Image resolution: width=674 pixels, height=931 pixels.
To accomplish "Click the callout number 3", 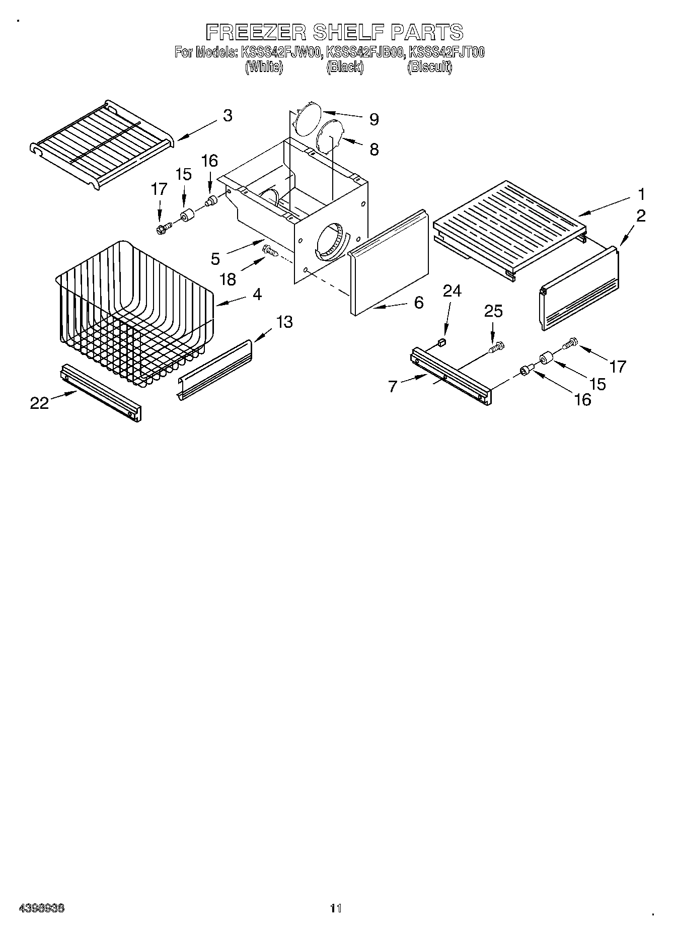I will (x=228, y=116).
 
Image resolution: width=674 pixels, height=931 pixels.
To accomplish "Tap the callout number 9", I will (x=373, y=119).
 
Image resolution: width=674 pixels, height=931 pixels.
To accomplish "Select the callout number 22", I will (x=39, y=403).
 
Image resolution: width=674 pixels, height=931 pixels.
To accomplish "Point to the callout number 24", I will (x=452, y=291).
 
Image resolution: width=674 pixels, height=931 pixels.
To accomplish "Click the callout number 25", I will (x=493, y=311).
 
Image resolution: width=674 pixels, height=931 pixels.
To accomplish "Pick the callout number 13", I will (x=284, y=321).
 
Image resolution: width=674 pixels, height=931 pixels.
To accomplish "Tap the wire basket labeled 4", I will (x=133, y=312).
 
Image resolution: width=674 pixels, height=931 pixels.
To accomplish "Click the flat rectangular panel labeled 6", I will (x=388, y=262).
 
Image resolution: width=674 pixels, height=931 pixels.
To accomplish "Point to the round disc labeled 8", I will (x=330, y=135).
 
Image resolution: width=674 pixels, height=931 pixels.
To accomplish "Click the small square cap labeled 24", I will (x=442, y=343).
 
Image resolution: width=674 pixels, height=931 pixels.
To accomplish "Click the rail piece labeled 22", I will (x=101, y=392).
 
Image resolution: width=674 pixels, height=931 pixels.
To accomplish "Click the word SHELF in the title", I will (x=348, y=32).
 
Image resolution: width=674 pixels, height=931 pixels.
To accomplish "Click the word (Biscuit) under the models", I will (x=429, y=67).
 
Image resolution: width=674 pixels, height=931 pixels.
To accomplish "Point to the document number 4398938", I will (x=41, y=908).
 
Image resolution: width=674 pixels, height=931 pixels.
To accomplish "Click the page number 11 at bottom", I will (x=336, y=908).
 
